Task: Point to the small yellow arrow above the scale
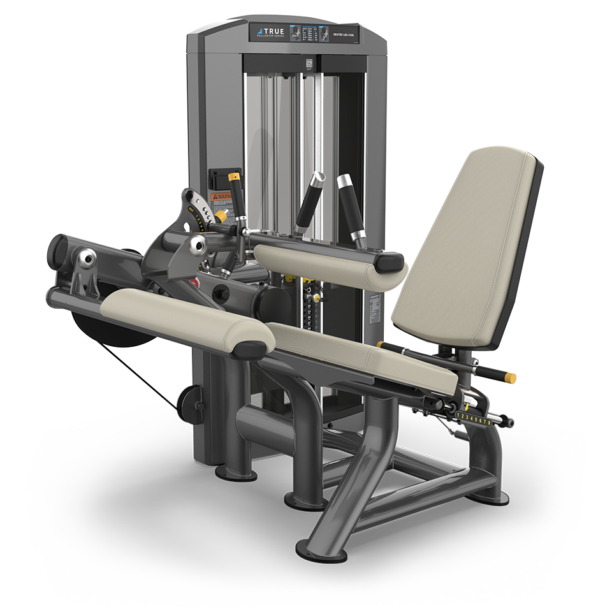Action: [x=467, y=406]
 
